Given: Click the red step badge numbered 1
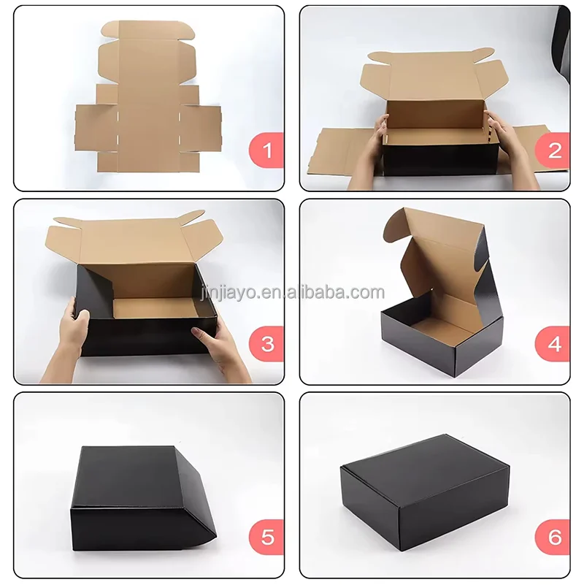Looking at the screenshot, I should [266, 151].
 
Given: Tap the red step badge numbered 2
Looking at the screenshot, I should [554, 151].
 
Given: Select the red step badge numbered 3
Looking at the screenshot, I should [266, 344].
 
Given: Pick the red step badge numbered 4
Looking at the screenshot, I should [554, 344].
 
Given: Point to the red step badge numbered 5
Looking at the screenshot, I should [266, 538].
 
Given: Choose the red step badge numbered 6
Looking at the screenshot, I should [554, 538].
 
